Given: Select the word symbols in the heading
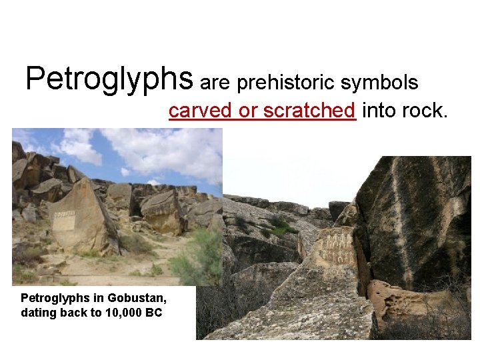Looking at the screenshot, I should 380,83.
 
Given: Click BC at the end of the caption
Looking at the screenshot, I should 154,312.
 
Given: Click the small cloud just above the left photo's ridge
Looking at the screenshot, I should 154,181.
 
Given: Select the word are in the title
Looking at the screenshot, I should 214,83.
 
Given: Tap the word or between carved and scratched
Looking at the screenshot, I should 248,111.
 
